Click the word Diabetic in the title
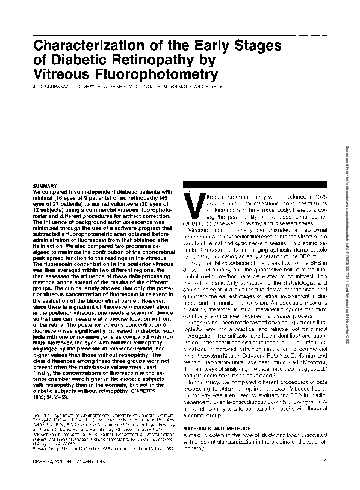[81, 61]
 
